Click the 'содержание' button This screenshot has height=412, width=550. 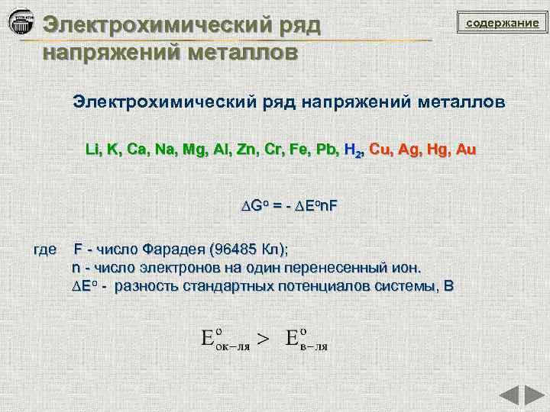coord(502,24)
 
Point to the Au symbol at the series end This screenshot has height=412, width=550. coord(465,150)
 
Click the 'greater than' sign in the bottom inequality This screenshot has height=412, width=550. coord(262,340)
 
